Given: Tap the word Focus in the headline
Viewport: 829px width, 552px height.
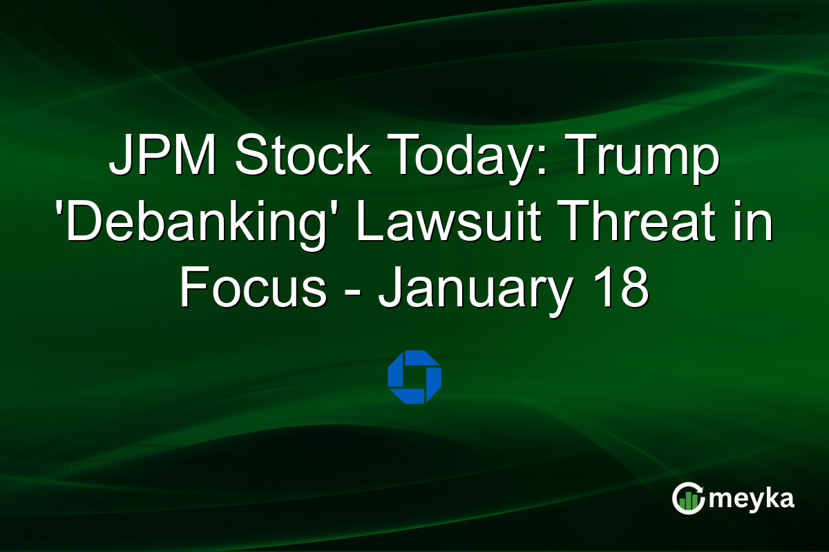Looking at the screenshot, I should coord(253,290).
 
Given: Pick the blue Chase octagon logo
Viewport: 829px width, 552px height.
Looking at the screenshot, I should coord(414,377).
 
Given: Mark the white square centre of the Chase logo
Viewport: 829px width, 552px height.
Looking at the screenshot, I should coord(414,377).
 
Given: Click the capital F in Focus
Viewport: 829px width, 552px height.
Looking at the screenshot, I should coord(191,290).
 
